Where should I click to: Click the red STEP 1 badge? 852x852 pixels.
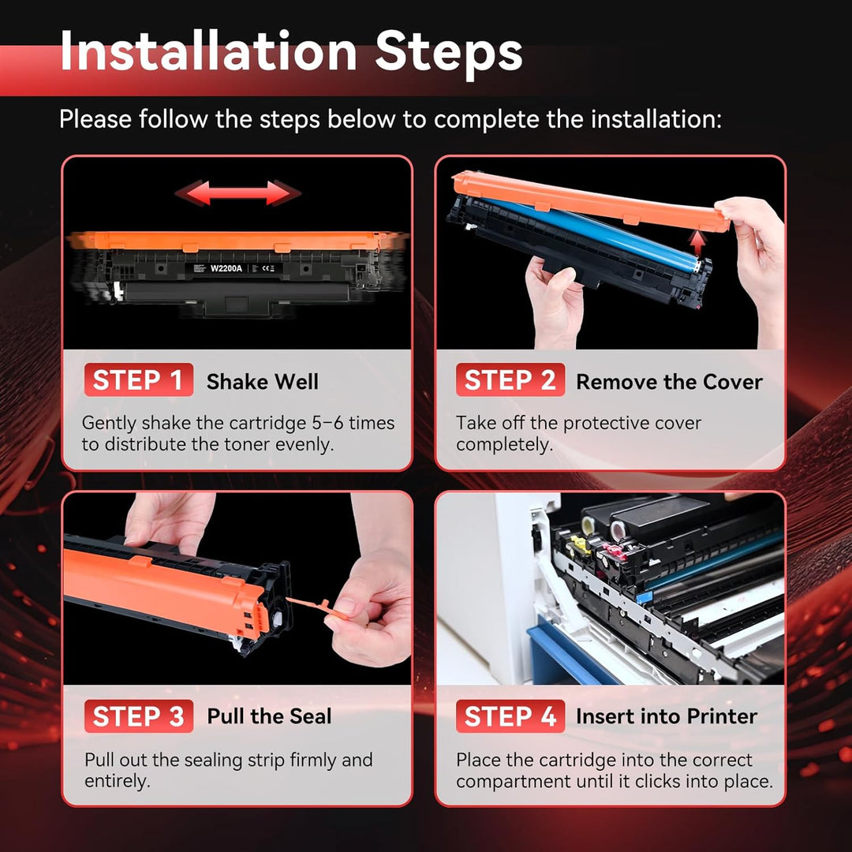[139, 379]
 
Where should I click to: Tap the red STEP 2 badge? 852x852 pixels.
[510, 379]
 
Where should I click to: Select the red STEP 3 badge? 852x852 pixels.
[139, 716]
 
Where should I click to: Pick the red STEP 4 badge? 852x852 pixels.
[510, 716]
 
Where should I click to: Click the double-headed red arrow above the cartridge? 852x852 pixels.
[237, 193]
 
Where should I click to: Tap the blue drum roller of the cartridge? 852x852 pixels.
[592, 234]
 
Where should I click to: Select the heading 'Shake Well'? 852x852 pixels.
[263, 382]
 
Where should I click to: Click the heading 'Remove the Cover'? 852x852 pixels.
[670, 382]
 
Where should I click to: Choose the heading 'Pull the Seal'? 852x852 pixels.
[269, 716]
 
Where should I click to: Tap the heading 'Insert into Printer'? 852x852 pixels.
[667, 716]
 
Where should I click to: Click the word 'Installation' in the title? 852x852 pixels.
[208, 50]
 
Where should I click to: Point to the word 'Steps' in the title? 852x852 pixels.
[449, 54]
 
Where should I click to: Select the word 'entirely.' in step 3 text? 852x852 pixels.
[118, 781]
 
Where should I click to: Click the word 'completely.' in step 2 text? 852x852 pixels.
[504, 444]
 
